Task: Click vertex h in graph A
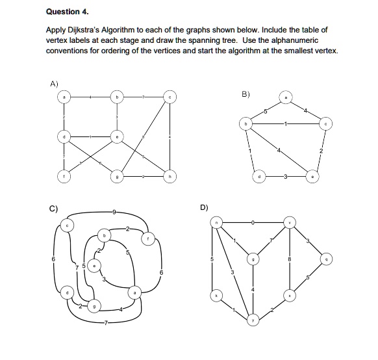pyautogui.click(x=170, y=175)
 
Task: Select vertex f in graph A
pyautogui.click(x=64, y=175)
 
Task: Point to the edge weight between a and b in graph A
pyautogui.click(x=90, y=97)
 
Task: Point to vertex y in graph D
pyautogui.click(x=253, y=318)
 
